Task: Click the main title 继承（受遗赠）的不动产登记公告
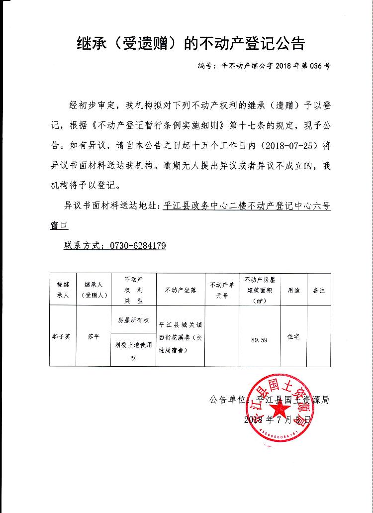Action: coord(190,44)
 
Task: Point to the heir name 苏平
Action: coord(93,336)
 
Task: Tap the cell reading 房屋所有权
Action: coord(133,320)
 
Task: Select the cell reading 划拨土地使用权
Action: coord(133,351)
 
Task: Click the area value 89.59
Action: coord(260,340)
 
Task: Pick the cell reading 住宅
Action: coord(293,337)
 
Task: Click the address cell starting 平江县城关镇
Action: coord(181,336)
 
